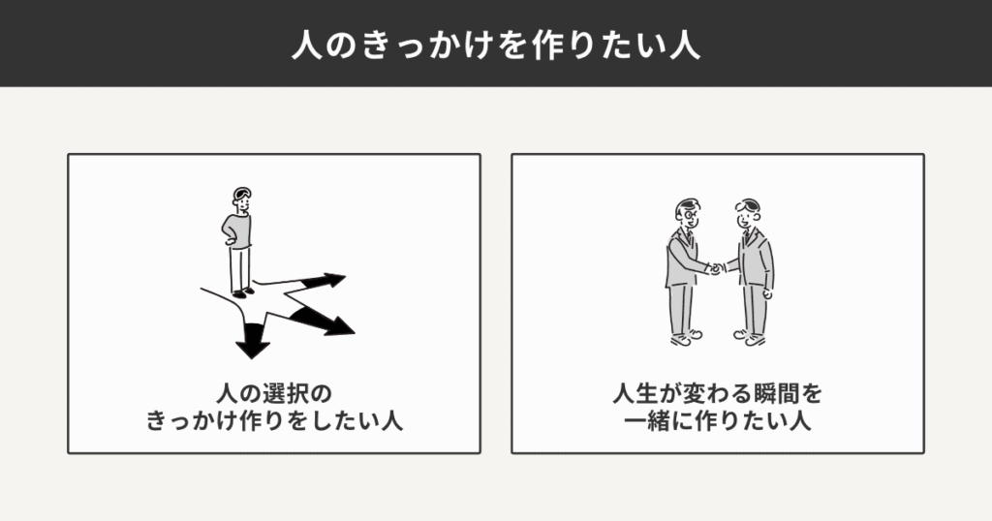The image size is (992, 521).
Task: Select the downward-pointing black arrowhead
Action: tap(254, 340)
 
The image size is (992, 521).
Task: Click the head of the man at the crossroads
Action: tap(241, 200)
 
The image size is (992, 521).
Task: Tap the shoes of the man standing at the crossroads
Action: tap(243, 291)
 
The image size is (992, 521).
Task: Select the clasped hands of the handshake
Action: tap(715, 268)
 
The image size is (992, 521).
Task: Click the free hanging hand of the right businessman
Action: tap(767, 292)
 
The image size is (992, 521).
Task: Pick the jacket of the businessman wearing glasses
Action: tap(682, 258)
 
